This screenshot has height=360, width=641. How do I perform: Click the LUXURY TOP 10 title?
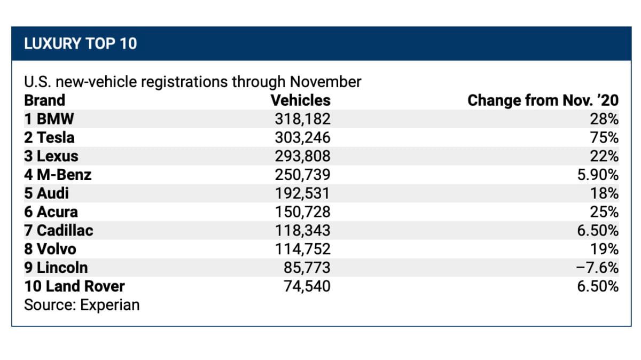pyautogui.click(x=81, y=43)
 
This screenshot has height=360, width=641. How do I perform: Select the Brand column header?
pyautogui.click(x=45, y=100)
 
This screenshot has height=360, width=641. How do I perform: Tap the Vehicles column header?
pyautogui.click(x=300, y=100)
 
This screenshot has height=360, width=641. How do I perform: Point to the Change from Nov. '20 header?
pyautogui.click(x=543, y=100)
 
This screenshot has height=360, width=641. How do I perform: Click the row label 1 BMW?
pyautogui.click(x=49, y=119)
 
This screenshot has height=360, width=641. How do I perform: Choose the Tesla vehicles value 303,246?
pyautogui.click(x=303, y=137)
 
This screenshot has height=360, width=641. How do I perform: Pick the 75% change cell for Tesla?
pyautogui.click(x=604, y=137)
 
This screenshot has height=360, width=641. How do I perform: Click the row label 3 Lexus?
pyautogui.click(x=51, y=156)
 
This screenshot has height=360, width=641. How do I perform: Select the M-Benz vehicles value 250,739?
pyautogui.click(x=303, y=175)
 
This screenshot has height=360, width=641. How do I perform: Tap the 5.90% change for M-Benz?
pyautogui.click(x=598, y=175)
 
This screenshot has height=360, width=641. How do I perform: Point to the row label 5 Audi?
pyautogui.click(x=46, y=193)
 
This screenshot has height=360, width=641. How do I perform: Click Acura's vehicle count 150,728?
pyautogui.click(x=303, y=212)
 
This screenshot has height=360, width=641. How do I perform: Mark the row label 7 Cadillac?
pyautogui.click(x=59, y=230)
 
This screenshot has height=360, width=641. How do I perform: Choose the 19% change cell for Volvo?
pyautogui.click(x=604, y=249)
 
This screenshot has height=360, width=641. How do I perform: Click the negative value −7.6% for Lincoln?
pyautogui.click(x=598, y=268)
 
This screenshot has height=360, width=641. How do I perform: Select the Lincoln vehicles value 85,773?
pyautogui.click(x=307, y=268)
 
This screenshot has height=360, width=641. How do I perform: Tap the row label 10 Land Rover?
pyautogui.click(x=74, y=286)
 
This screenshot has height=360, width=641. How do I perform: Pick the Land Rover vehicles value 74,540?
pyautogui.click(x=307, y=286)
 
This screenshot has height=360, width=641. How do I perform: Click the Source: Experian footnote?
pyautogui.click(x=82, y=305)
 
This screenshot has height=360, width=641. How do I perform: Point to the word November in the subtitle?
pyautogui.click(x=326, y=82)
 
